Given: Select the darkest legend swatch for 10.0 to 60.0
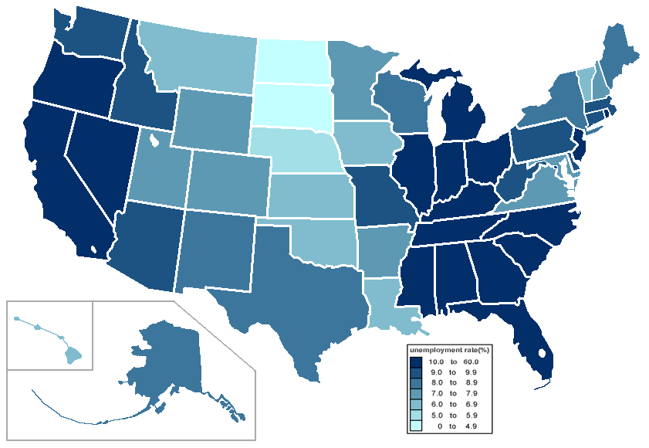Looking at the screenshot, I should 415,361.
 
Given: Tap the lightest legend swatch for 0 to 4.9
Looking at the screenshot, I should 415,426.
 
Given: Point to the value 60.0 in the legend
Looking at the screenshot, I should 472,361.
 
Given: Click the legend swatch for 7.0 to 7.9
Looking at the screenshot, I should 415,394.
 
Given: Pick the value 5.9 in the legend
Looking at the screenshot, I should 472,416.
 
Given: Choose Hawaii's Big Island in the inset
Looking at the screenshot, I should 73,355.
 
